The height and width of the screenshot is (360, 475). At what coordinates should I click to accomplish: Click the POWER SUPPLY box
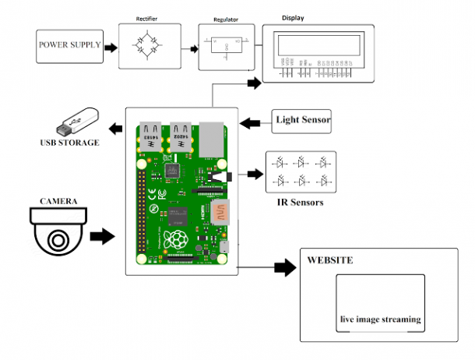click(69, 45)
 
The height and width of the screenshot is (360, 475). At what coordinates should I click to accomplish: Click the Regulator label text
click(226, 19)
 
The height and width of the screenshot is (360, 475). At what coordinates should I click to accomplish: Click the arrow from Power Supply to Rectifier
click(111, 48)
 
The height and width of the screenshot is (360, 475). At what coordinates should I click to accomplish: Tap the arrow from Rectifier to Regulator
click(189, 48)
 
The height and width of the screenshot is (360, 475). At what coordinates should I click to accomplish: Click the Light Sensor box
click(301, 119)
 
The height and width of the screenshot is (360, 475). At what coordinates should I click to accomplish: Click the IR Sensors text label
click(300, 203)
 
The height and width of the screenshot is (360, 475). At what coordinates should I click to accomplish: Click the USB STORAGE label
click(70, 143)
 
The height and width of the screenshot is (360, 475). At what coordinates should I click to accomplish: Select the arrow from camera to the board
click(101, 235)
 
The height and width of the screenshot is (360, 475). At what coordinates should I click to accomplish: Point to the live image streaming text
click(380, 319)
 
